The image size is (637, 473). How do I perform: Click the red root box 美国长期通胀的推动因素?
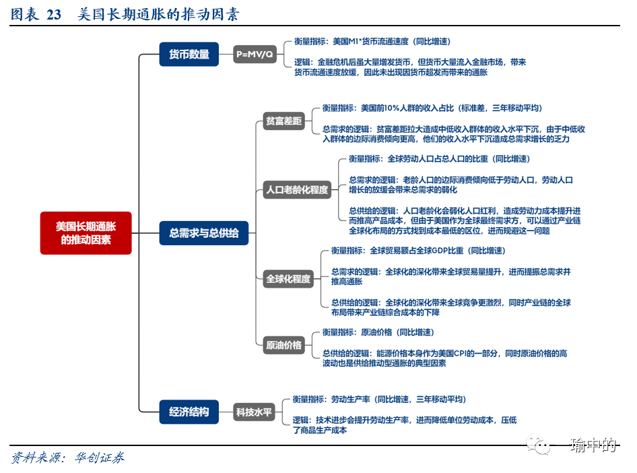86,233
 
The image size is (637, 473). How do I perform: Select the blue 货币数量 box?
189,55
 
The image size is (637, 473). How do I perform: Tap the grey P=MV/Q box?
255,55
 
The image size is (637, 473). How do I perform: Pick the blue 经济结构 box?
189,411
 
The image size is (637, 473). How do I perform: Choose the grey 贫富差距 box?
283,121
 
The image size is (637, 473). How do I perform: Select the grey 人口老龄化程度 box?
297,189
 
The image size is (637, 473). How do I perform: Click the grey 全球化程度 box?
288,278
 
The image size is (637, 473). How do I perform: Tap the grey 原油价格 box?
283,345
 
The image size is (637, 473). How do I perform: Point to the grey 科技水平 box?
254,412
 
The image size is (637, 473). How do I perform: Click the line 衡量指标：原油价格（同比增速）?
377,332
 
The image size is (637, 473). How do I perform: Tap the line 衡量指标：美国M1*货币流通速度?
372,41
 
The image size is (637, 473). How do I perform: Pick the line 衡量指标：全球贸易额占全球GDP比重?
417,251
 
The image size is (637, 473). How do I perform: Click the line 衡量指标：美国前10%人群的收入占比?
432,108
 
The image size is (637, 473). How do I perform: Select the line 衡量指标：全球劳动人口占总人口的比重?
438,159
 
